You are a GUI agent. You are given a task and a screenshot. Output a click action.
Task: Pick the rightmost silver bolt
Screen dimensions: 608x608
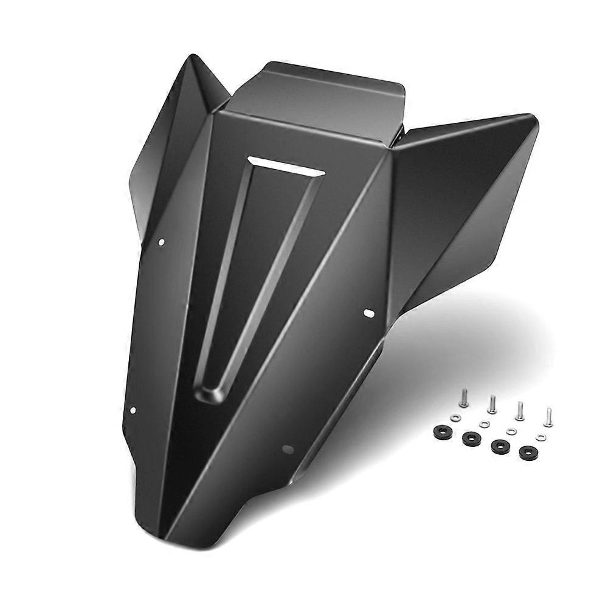point(548,417)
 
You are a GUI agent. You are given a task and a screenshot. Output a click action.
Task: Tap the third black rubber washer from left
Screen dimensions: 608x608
point(500,445)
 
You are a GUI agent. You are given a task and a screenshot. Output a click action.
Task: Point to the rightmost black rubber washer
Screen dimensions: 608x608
point(528,452)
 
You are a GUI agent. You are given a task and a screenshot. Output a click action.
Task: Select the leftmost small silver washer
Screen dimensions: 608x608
point(456,417)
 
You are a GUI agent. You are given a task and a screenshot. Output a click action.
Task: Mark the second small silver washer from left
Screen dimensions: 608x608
point(484,424)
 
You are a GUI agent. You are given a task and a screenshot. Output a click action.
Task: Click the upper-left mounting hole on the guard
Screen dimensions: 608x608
point(161,243)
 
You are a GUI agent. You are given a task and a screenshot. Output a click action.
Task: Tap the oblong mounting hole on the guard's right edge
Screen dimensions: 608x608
point(369,313)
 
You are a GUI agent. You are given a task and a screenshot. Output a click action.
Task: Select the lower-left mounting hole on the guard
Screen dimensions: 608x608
point(133,410)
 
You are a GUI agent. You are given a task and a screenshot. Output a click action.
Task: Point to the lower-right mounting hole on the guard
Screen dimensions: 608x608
point(288,449)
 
